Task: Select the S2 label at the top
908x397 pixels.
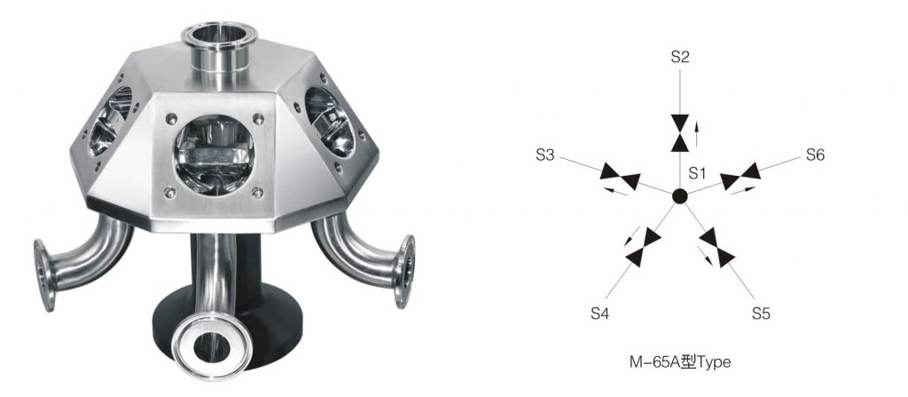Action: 680,58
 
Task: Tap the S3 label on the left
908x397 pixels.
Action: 546,155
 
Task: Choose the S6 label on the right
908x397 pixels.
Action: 815,155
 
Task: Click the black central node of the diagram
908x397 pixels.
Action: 679,196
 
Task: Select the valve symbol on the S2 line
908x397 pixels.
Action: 680,132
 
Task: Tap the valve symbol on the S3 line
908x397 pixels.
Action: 621,176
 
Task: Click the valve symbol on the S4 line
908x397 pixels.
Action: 643,246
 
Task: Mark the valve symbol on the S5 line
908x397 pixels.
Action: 716,246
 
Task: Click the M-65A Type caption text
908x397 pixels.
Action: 678,362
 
